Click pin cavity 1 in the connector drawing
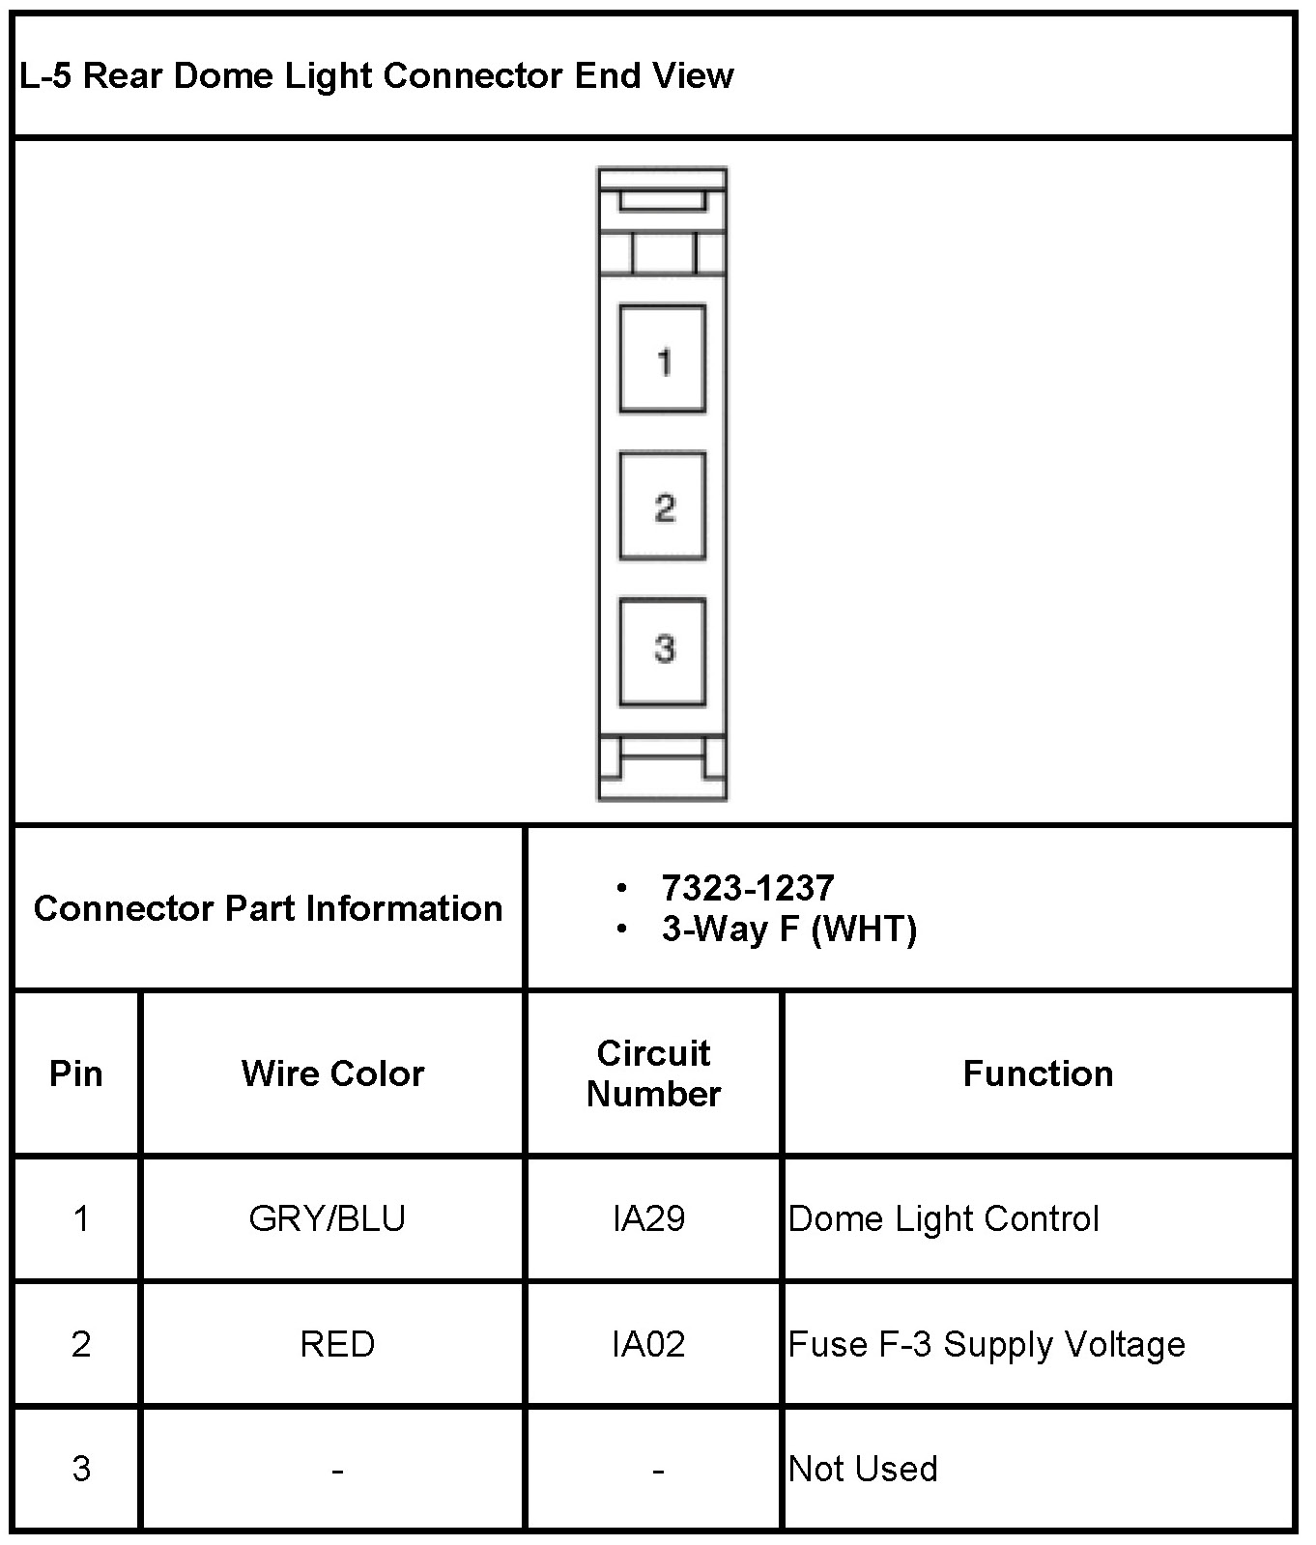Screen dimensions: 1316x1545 coord(662,359)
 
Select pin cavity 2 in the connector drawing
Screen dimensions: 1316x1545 coord(662,505)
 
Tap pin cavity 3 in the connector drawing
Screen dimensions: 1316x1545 coord(662,650)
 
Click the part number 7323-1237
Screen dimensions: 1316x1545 coord(747,887)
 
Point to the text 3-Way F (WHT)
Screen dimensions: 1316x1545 coord(788,929)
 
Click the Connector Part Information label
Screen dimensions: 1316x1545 coord(268,908)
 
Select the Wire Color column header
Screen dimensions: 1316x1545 coord(332,1073)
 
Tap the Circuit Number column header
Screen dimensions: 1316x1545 coord(653,1073)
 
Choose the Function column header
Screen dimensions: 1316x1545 coord(1038,1073)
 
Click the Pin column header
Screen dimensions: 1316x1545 coord(76,1073)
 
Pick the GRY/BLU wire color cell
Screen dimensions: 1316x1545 coord(327,1218)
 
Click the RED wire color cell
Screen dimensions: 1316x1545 coord(337,1344)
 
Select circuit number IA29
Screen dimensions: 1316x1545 coord(648,1218)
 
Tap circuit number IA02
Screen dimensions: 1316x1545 coord(648,1344)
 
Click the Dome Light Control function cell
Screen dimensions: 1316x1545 coord(943,1218)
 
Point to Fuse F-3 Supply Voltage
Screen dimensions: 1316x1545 coord(987,1344)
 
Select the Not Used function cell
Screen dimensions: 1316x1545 coord(863,1469)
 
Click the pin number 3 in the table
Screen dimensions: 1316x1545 coord(81,1469)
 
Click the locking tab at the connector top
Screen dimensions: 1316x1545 coord(662,201)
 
